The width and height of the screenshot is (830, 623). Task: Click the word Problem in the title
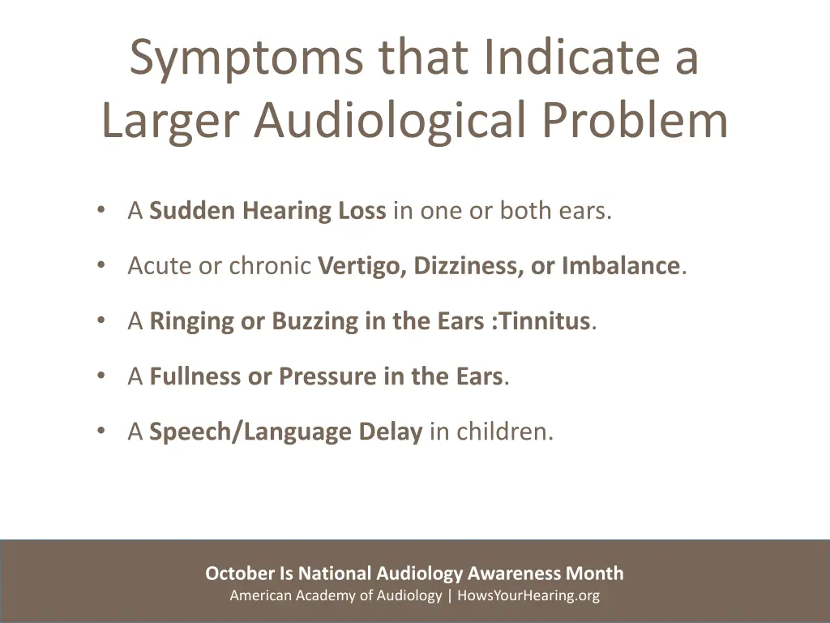click(635, 120)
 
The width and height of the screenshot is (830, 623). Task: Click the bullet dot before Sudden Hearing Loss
click(100, 210)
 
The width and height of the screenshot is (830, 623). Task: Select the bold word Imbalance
click(620, 266)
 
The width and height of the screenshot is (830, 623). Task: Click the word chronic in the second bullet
click(272, 266)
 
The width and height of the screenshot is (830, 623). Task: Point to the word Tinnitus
click(545, 321)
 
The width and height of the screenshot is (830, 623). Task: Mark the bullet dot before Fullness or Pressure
click(100, 376)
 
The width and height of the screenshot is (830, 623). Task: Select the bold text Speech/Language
click(243, 432)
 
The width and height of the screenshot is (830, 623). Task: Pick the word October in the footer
click(240, 574)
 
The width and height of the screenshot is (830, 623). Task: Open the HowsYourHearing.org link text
click(528, 596)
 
